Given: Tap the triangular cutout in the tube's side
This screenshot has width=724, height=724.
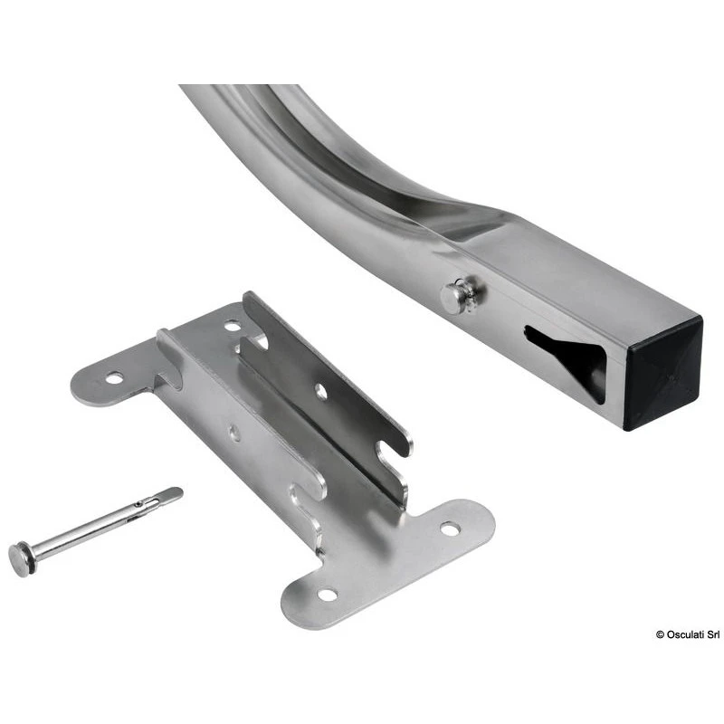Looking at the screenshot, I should coord(568,356).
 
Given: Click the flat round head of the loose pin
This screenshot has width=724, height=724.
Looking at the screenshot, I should coord(20,557).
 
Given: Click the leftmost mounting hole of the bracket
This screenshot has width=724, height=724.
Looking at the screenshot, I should coord(114,376).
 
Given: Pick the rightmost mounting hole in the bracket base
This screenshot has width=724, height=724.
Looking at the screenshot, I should coord(449,529).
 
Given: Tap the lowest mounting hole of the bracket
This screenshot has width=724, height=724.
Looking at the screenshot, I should coord(328,595).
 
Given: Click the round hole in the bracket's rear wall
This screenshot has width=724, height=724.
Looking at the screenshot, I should coord(320,391).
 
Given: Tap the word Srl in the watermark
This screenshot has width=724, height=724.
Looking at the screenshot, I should coord(712,634).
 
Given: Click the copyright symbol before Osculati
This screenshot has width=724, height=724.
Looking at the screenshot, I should coord(661,634).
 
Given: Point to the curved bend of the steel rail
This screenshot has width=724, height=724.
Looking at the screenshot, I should coord(299,154).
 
